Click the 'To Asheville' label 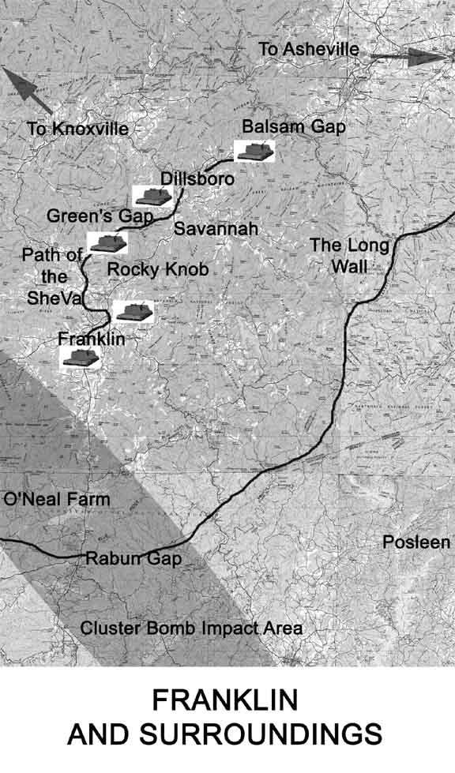tap(309, 50)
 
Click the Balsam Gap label tap(294, 126)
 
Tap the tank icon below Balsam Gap tap(255, 151)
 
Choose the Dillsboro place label tap(197, 179)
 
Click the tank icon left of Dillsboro tap(152, 195)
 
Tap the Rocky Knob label tap(158, 269)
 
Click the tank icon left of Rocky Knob tap(107, 242)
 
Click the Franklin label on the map tap(92, 339)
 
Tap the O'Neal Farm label tap(57, 499)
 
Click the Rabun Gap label tap(133, 558)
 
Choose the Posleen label tap(416, 542)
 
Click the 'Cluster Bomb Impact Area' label tap(192, 629)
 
